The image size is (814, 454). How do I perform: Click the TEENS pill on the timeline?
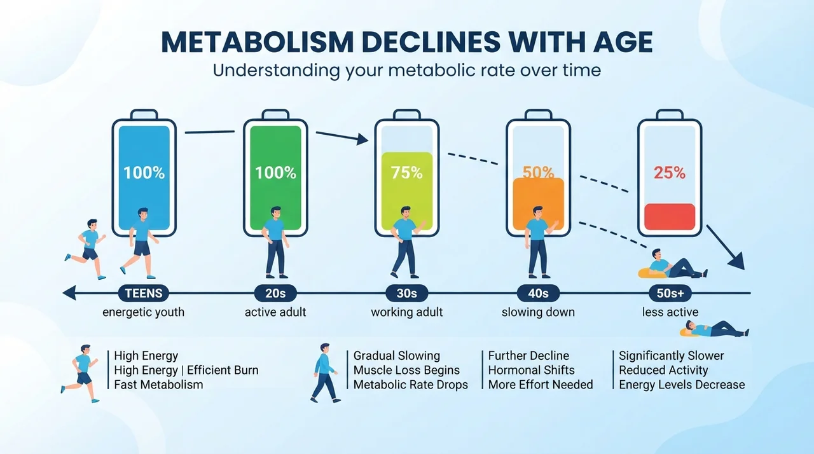coord(144,293)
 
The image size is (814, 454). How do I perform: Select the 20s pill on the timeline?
coord(275,293)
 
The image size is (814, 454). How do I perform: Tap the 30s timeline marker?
coord(406,293)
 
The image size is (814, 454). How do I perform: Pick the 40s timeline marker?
coord(538,293)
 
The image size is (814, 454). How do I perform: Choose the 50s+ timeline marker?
coord(670,293)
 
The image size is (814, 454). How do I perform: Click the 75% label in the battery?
coord(406,172)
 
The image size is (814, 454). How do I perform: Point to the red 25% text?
coord(670,172)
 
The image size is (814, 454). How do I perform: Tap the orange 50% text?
coord(538,172)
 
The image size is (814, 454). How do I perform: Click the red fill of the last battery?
coord(670,217)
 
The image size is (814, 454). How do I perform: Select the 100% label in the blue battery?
coord(144,172)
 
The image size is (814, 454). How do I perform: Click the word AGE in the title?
coord(623,42)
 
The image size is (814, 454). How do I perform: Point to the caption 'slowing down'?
coord(538,312)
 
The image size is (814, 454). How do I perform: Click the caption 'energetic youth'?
coord(144,312)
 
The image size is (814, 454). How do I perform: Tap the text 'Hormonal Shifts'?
coord(531,370)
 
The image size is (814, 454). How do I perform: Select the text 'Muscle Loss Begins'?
coord(406,370)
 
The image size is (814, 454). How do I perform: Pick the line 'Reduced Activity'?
coord(663,370)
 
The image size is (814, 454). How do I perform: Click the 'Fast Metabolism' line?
coord(158,385)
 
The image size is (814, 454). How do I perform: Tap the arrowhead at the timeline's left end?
coord(69,292)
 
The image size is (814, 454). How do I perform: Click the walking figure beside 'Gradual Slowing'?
coord(325,373)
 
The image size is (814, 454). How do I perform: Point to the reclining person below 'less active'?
coord(714,329)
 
